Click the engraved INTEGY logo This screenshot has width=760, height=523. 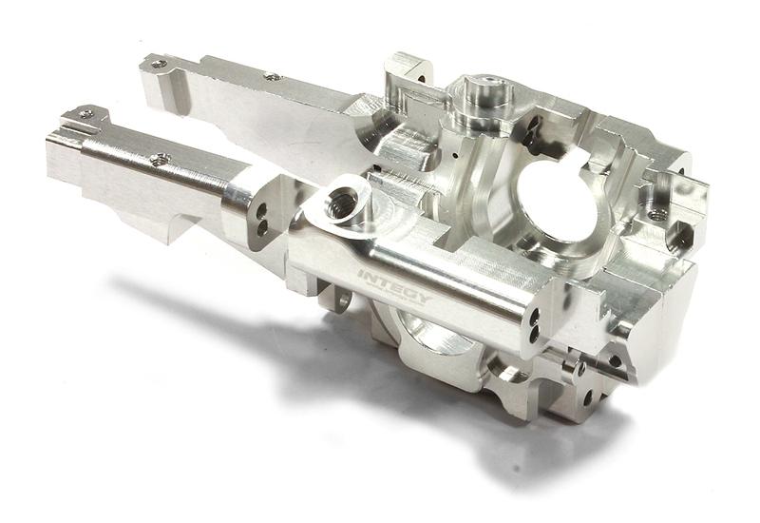[x=393, y=282]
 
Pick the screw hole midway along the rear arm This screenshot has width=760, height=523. [x=273, y=76]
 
